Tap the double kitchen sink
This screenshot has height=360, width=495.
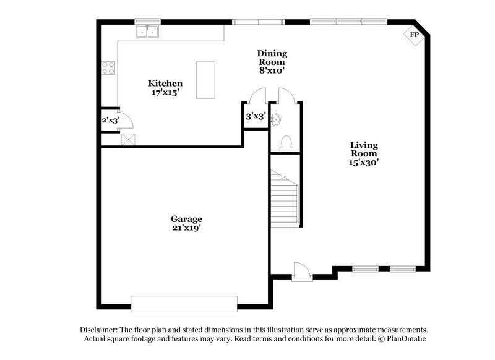(x=148, y=30)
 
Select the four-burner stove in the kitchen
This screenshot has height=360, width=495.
(x=109, y=67)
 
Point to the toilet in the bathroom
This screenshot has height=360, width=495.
(x=286, y=144)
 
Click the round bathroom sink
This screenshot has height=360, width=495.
(x=277, y=118)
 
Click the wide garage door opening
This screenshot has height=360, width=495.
(x=184, y=302)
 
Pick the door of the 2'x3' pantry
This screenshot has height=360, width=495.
(x=123, y=119)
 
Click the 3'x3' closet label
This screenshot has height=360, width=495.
(x=256, y=116)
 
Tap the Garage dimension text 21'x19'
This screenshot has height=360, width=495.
(x=186, y=228)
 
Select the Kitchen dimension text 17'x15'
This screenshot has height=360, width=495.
(x=165, y=92)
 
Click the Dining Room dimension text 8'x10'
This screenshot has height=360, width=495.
(x=272, y=71)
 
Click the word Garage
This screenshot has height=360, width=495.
(x=186, y=219)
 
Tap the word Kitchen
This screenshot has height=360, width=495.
(x=165, y=83)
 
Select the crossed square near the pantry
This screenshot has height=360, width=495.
(x=128, y=139)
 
